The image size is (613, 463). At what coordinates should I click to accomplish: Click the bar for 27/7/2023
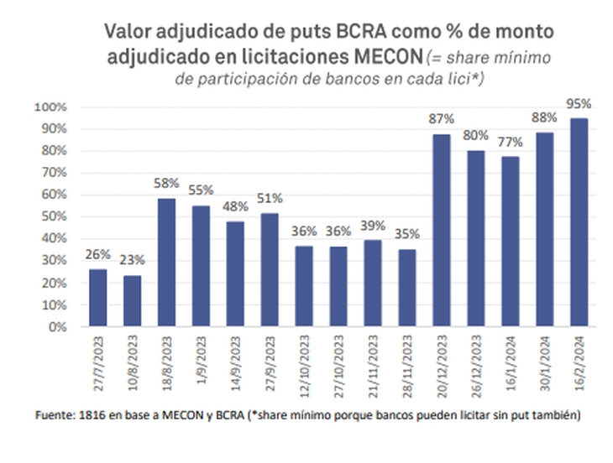[x=98, y=298]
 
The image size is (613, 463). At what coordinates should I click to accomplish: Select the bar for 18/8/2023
[x=166, y=263]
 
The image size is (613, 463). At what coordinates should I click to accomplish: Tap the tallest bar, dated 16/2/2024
[x=579, y=222]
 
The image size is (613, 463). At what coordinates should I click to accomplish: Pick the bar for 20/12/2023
[x=442, y=231]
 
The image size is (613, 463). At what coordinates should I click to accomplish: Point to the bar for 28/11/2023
[x=407, y=288]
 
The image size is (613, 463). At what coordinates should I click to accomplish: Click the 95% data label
[x=579, y=104]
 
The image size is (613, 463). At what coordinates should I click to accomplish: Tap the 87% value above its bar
[x=442, y=120]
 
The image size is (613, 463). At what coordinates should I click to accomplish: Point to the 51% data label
[x=270, y=199]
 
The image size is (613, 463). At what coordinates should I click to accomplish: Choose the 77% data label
[x=511, y=142]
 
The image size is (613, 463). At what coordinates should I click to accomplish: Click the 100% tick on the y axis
[x=50, y=107]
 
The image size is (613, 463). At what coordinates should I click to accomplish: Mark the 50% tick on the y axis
[x=52, y=216]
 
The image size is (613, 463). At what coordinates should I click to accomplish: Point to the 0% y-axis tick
[x=55, y=327]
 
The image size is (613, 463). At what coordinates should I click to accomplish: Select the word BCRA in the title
[x=342, y=32]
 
